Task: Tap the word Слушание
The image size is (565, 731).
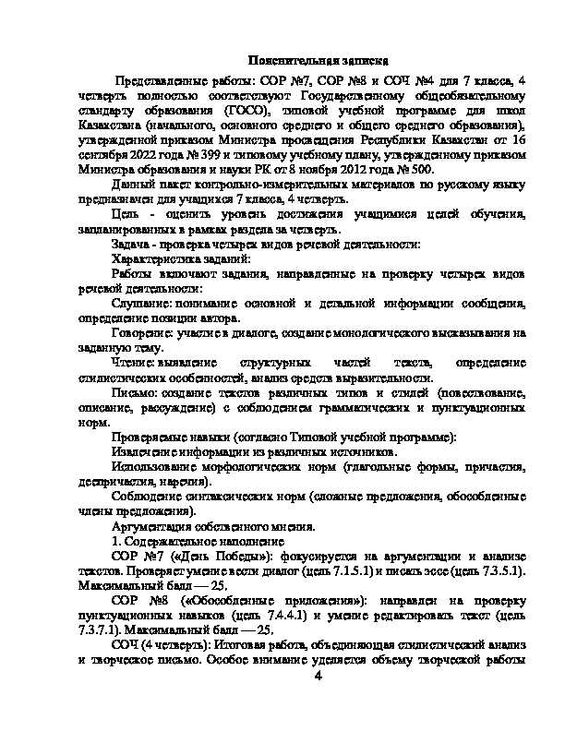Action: pyautogui.click(x=138, y=304)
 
